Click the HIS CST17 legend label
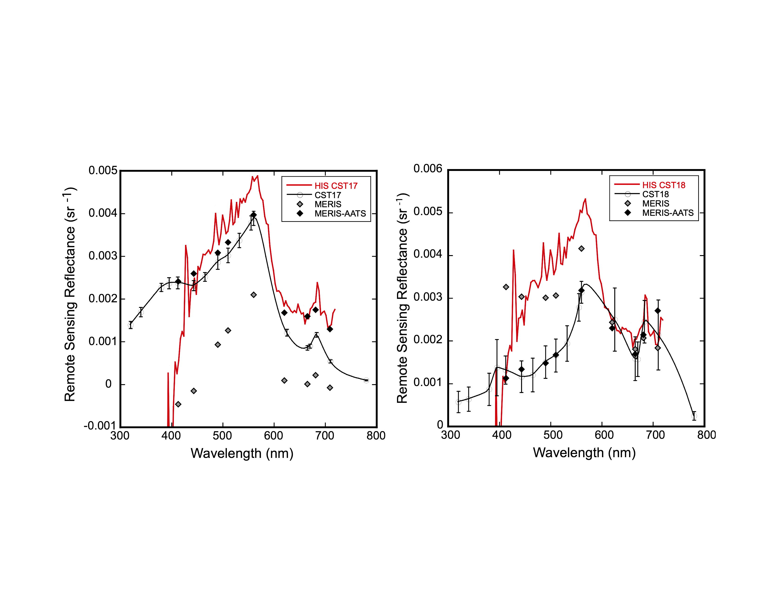click(336, 186)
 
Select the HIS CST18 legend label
click(664, 185)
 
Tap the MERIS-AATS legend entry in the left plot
click(340, 213)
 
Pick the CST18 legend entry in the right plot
click(655, 194)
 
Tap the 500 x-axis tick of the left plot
click(222, 436)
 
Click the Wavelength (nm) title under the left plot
click(242, 453)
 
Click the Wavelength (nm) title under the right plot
click(584, 453)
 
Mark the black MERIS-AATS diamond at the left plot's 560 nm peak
click(254, 215)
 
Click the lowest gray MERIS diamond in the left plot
click(178, 404)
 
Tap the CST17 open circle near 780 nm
click(366, 380)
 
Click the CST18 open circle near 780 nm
click(694, 416)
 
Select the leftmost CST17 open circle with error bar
click(131, 325)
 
